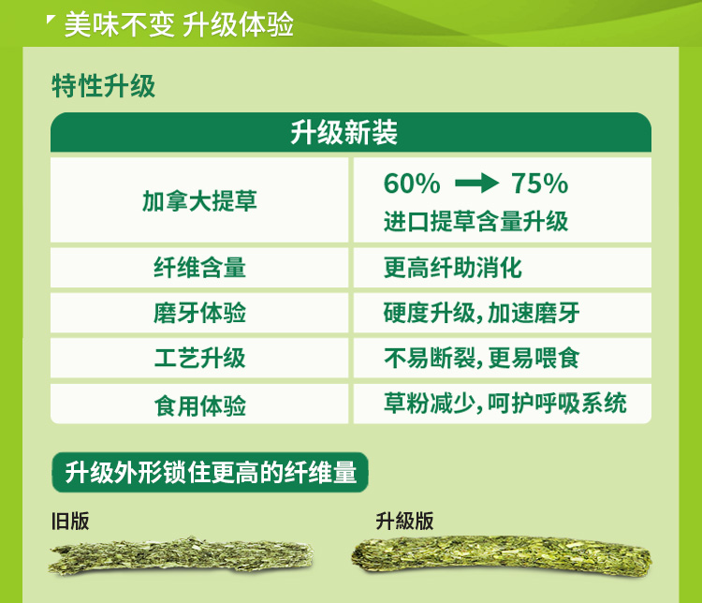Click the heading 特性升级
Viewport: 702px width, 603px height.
(x=103, y=86)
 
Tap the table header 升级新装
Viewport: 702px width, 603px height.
(x=344, y=133)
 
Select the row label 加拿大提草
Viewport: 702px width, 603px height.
(x=199, y=200)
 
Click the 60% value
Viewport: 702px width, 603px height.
(x=412, y=184)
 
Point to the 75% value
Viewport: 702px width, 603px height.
(x=539, y=184)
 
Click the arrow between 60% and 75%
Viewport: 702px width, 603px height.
(x=476, y=184)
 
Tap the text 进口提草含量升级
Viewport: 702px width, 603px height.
(x=475, y=221)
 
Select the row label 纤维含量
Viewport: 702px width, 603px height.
(x=199, y=268)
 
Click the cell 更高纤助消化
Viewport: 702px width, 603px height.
(x=453, y=268)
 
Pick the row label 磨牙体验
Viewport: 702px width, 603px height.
(x=199, y=313)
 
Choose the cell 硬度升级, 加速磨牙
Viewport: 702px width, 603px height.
(x=482, y=313)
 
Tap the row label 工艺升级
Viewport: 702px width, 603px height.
(x=199, y=358)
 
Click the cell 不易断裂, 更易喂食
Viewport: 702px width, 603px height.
(x=482, y=358)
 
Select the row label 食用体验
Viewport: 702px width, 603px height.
(x=199, y=405)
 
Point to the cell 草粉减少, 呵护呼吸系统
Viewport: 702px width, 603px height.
(x=505, y=403)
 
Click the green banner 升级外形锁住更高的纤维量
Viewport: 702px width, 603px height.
(x=210, y=473)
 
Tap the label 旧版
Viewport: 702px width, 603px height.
(x=70, y=521)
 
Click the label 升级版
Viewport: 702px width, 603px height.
(x=404, y=521)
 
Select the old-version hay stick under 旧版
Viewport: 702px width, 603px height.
(x=181, y=555)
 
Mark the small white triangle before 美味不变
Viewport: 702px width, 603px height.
(x=51, y=19)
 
